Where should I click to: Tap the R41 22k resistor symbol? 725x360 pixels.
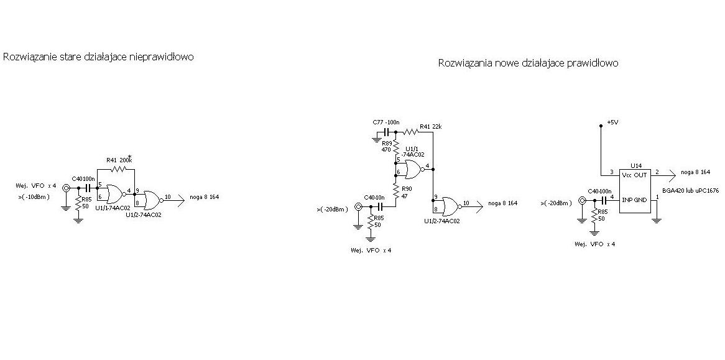(x=410, y=132)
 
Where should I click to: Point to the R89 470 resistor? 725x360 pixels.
(x=396, y=147)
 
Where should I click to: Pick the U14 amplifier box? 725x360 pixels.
(x=635, y=191)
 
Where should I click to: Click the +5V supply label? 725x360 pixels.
(x=612, y=122)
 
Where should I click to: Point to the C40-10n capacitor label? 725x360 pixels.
(x=375, y=198)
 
